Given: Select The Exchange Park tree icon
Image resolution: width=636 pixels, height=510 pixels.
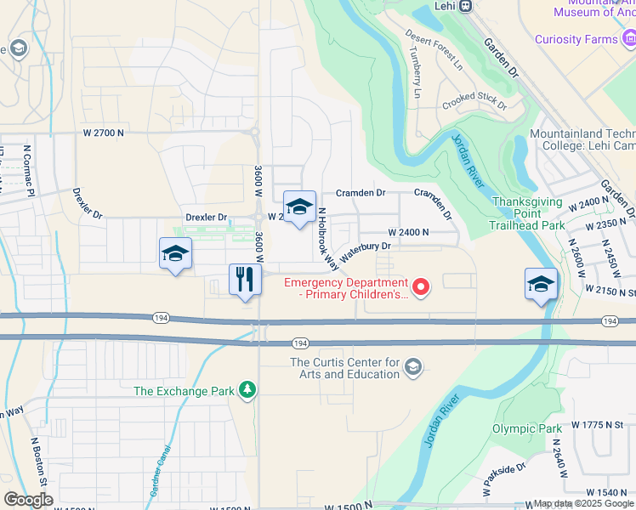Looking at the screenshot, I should tap(247, 389).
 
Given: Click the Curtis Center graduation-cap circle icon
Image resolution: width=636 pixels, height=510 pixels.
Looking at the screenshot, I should tap(413, 367).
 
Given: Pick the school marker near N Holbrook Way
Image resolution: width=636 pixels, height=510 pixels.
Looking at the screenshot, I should tap(298, 207).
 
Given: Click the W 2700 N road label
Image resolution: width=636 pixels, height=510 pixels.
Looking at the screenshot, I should tap(103, 133).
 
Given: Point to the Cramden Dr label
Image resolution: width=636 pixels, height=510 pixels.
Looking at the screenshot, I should tap(361, 193).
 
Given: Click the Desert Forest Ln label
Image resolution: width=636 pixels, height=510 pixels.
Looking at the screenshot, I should tap(434, 49).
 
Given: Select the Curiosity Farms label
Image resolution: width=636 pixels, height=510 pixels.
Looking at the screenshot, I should tap(576, 39).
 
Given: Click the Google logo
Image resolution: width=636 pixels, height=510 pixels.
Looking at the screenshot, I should tap(28, 500).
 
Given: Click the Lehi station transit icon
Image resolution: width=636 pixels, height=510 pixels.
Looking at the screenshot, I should tap(465, 6).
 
